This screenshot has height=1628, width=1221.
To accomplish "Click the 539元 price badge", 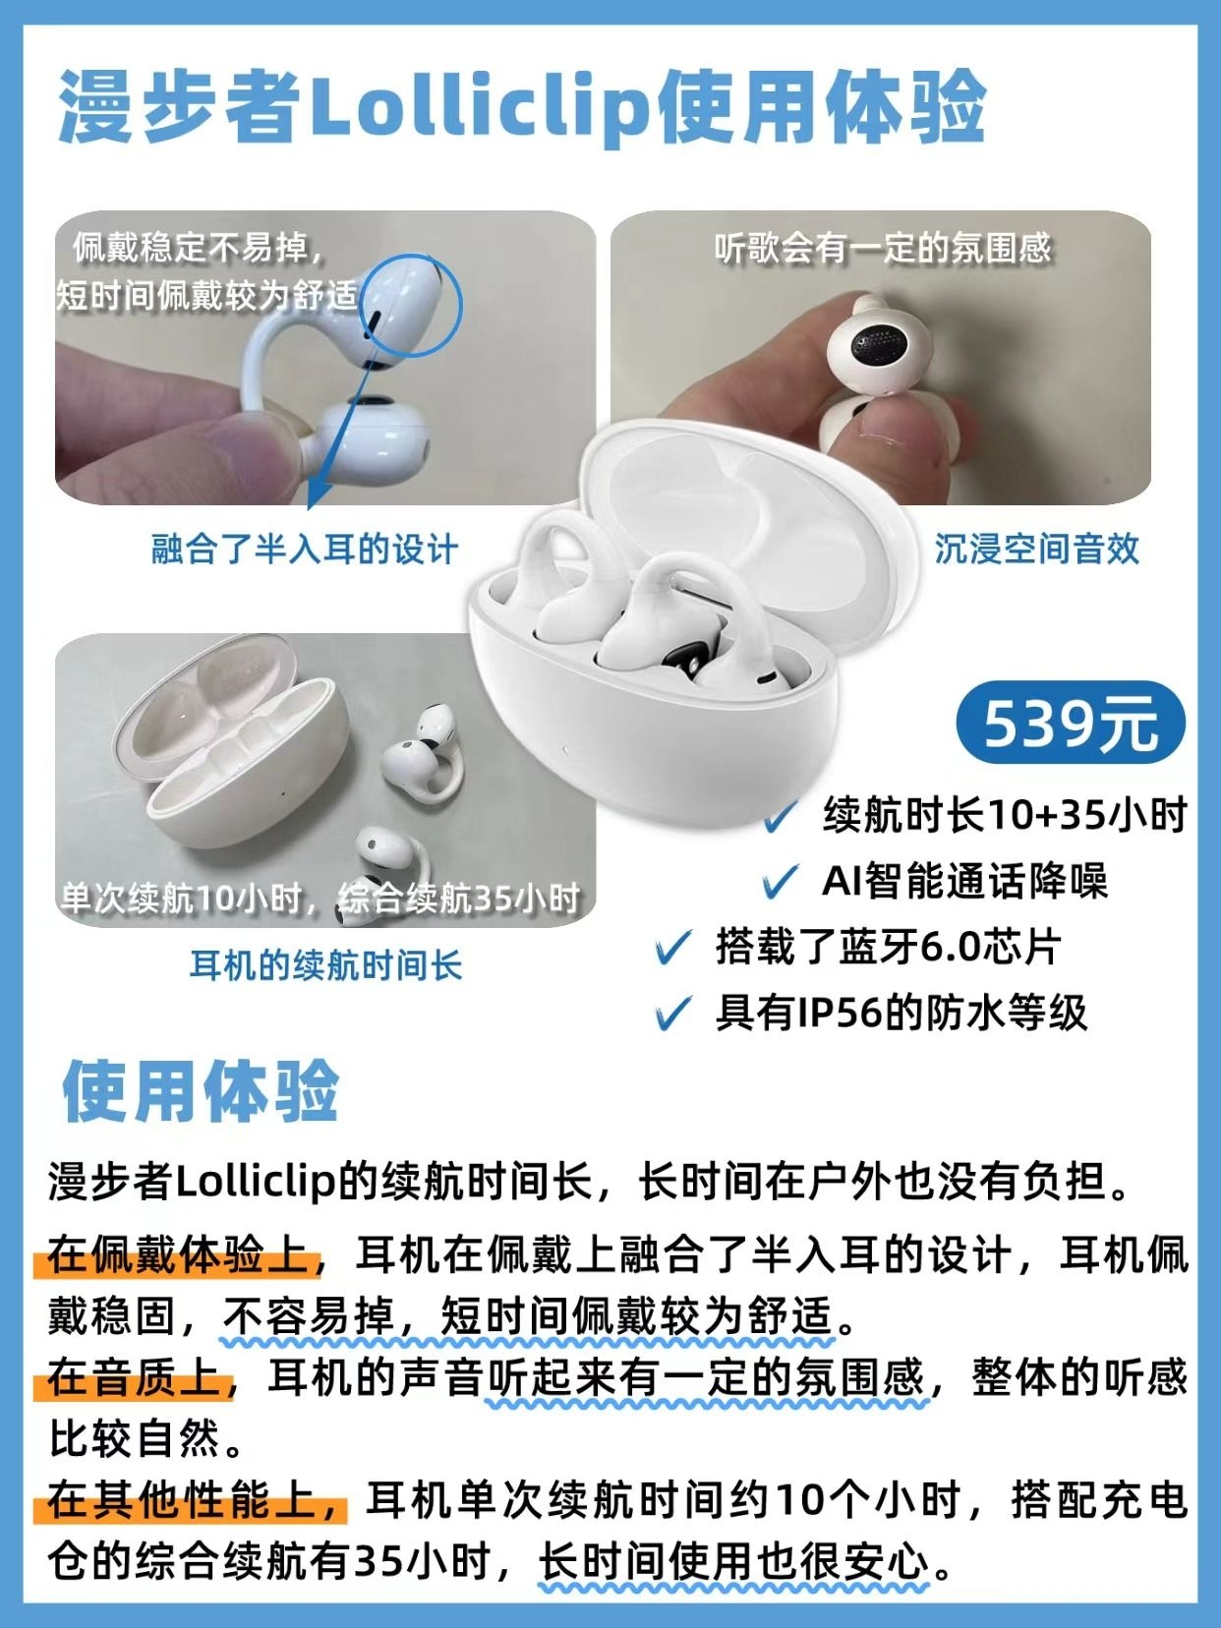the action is coord(1070,724).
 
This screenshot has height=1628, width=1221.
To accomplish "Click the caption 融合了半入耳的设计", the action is coord(304,550).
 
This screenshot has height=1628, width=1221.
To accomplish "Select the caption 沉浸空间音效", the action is coord(1036,549).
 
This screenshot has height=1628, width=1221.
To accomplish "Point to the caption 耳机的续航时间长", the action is coord(325,965).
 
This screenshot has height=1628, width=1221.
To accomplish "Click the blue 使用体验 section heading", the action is coord(201,1092).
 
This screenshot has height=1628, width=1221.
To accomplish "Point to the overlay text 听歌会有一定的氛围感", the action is coord(883,249).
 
